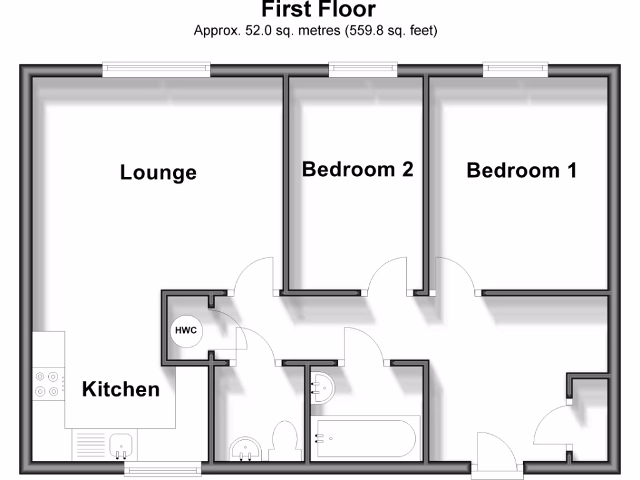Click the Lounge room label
(158, 172)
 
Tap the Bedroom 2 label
(357, 169)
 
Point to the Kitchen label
(121, 389)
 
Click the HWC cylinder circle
(186, 331)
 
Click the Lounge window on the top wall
(157, 70)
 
